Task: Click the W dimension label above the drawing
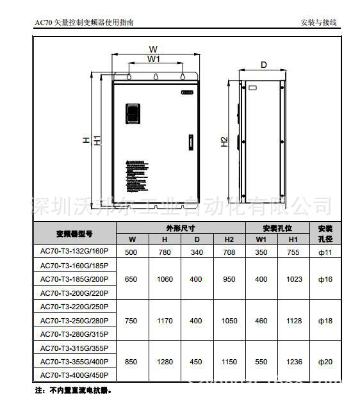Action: coord(153,49)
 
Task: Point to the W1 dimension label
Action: coord(154,59)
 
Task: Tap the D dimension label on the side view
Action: coord(264,65)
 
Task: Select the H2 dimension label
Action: coord(224,142)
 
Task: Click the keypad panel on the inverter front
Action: coord(133,113)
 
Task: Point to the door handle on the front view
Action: coord(190,142)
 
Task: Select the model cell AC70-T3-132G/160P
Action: coord(74,252)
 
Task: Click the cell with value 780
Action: coord(165,252)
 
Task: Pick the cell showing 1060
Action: coord(165,280)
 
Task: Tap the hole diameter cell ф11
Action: coord(325,252)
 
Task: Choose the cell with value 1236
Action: coord(294,362)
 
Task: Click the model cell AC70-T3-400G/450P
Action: coord(74,376)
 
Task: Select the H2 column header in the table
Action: coord(229,239)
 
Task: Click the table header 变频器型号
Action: coord(74,233)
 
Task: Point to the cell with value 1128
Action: coord(294,321)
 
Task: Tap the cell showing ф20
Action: coord(325,362)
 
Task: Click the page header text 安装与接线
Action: coord(318,23)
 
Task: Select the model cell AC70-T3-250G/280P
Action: coord(74,321)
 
